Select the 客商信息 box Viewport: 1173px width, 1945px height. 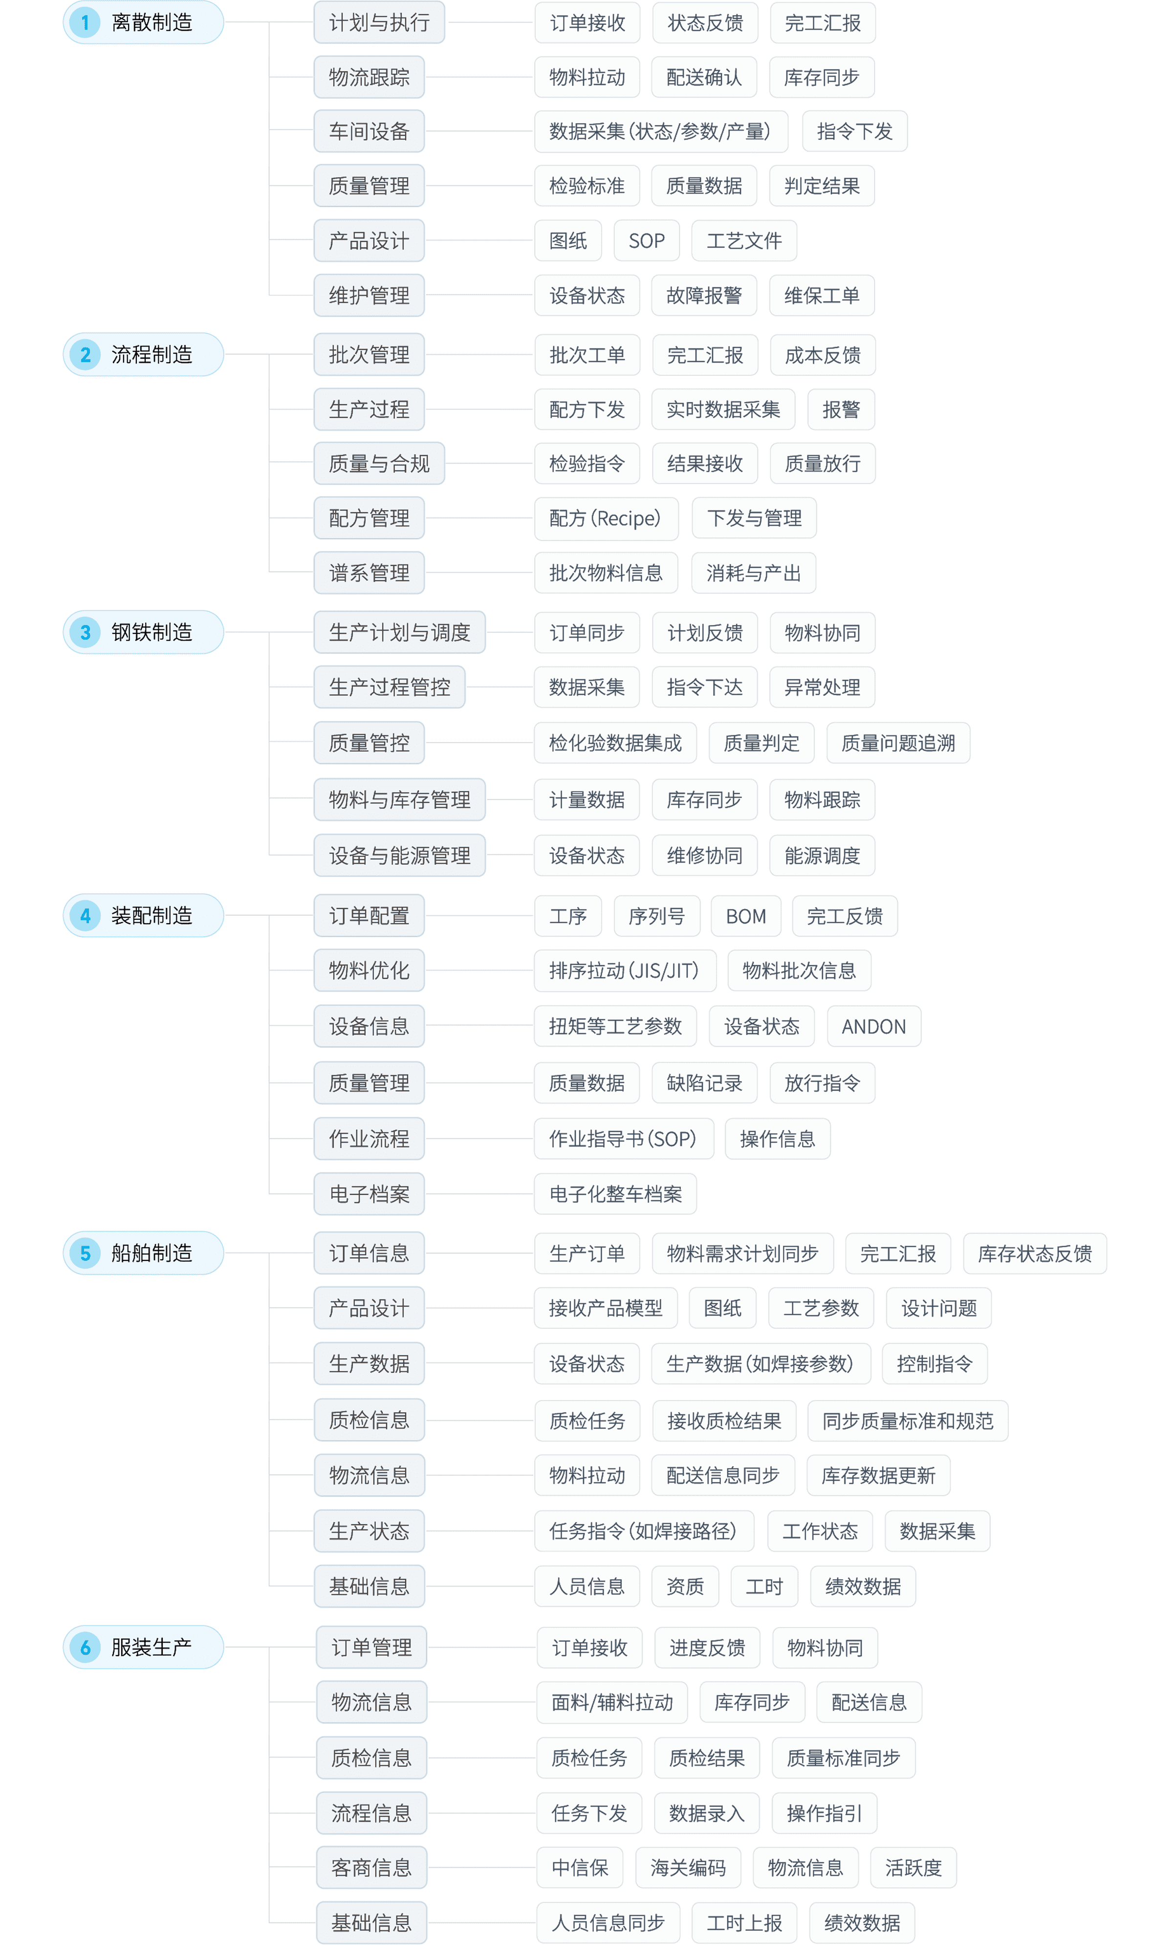pos(371,1868)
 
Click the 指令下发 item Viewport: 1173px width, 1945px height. pos(855,131)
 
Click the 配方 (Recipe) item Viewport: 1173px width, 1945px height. pos(606,518)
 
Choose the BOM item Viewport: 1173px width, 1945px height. pos(746,916)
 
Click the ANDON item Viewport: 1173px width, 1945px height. pos(874,1026)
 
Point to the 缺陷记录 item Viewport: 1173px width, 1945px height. pos(704,1082)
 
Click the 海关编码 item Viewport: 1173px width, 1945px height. pos(688,1868)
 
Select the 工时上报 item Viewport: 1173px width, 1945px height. pos(744,1923)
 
